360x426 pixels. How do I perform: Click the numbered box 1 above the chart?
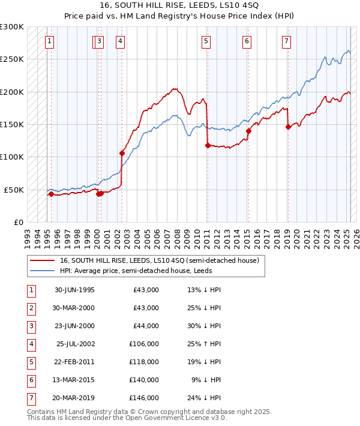49,41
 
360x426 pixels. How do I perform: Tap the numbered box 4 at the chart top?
121,41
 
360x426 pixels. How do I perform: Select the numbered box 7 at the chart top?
286,41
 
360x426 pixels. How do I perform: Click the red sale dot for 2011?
207,145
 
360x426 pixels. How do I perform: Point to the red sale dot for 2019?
288,127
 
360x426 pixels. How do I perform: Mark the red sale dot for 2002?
122,153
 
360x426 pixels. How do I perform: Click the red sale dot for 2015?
248,131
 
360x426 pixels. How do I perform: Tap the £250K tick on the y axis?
12,59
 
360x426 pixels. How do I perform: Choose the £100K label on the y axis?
12,157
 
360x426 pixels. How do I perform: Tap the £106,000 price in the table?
144,344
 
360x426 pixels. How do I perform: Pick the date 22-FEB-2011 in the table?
74,362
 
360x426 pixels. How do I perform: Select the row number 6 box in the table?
30,380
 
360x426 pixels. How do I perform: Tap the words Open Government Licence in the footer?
158,418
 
